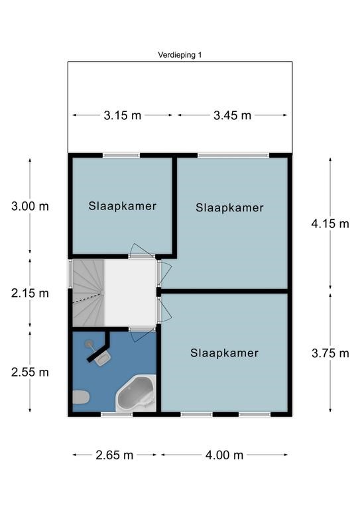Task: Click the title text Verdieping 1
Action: pyautogui.click(x=180, y=56)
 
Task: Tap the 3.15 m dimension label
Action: pyautogui.click(x=122, y=115)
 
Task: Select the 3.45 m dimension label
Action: pyautogui.click(x=232, y=115)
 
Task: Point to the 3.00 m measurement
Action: pyautogui.click(x=30, y=206)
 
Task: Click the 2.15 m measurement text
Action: pyautogui.click(x=30, y=293)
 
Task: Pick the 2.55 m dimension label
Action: pyautogui.click(x=30, y=372)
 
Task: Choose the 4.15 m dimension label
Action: pyautogui.click(x=330, y=223)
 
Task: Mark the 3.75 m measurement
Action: pyautogui.click(x=330, y=353)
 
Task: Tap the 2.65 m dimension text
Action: pyautogui.click(x=114, y=455)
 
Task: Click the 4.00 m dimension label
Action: pyautogui.click(x=224, y=455)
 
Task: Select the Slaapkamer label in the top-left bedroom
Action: pyautogui.click(x=123, y=206)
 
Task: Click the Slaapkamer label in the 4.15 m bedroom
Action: pyautogui.click(x=229, y=208)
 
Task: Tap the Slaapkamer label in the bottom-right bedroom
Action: pyautogui.click(x=224, y=353)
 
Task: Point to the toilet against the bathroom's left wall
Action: pyautogui.click(x=80, y=398)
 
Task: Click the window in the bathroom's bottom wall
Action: pyautogui.click(x=117, y=414)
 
